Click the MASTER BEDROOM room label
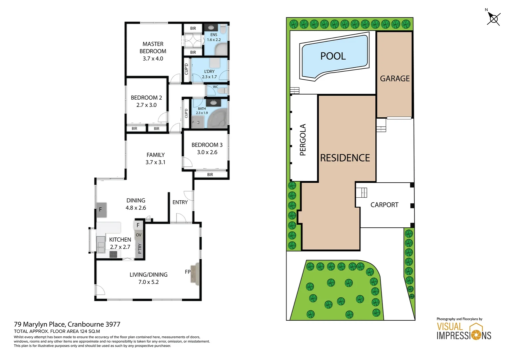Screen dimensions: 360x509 pyautogui.click(x=153, y=51)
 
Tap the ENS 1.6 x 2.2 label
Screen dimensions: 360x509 pyautogui.click(x=214, y=37)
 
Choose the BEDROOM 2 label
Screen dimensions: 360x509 pyautogui.click(x=146, y=101)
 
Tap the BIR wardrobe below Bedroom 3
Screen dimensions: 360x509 pyautogui.click(x=210, y=175)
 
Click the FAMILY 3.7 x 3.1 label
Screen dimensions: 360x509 pyautogui.click(x=156, y=158)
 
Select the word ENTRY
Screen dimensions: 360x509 pyautogui.click(x=180, y=202)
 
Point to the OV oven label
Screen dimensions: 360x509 pyautogui.click(x=139, y=235)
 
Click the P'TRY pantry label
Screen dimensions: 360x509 pyautogui.click(x=140, y=248)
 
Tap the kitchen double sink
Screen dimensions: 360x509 pyautogui.click(x=101, y=244)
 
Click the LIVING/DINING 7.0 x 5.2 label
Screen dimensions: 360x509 pyautogui.click(x=149, y=278)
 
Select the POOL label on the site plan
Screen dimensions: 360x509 pyautogui.click(x=333, y=56)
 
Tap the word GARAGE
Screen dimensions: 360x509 pyautogui.click(x=395, y=78)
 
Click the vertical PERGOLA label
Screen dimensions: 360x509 pyautogui.click(x=302, y=140)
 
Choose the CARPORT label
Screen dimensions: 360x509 pyautogui.click(x=384, y=205)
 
